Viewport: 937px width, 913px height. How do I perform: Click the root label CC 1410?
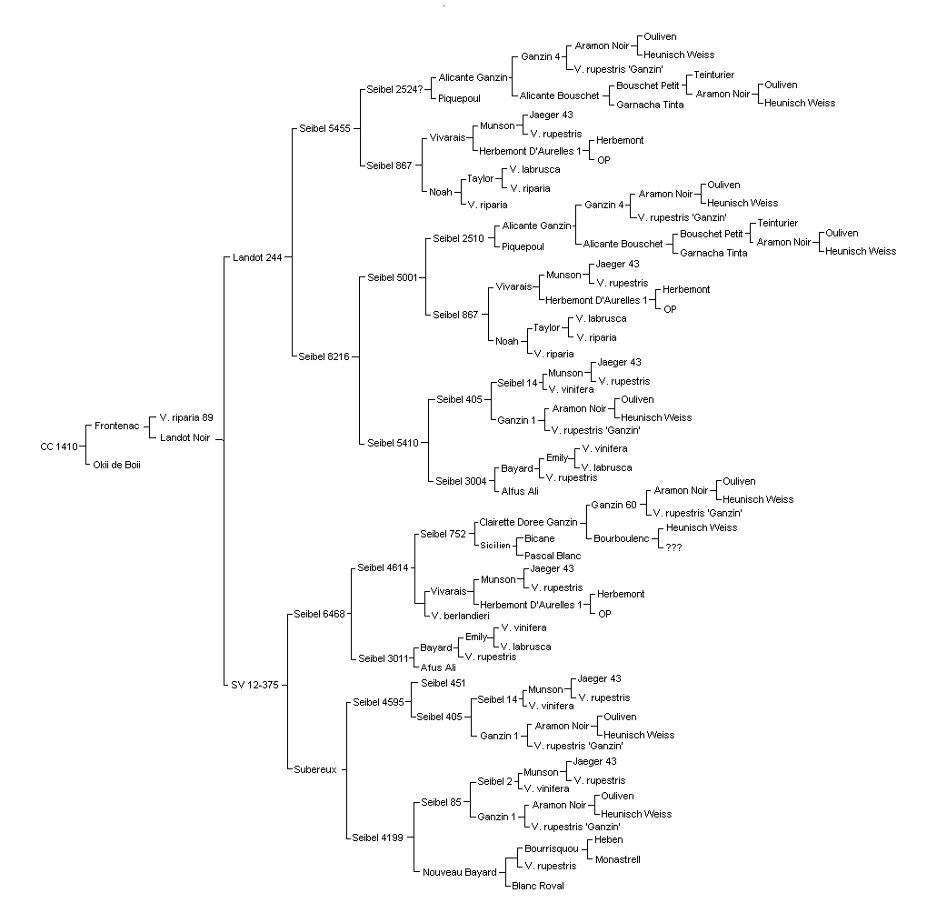click(x=58, y=446)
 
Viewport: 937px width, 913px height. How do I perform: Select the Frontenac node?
click(x=116, y=426)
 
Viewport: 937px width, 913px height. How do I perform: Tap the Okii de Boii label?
click(x=116, y=465)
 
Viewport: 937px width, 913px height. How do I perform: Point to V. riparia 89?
click(x=185, y=417)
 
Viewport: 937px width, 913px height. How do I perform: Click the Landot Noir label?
click(x=184, y=437)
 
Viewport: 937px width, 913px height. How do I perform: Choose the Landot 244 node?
click(x=257, y=257)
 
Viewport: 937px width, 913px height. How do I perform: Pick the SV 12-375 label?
click(x=254, y=685)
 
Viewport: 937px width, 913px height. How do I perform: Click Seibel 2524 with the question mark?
click(x=394, y=89)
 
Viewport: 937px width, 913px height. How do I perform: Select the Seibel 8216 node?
click(x=324, y=357)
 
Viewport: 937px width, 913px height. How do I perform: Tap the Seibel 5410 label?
click(x=393, y=443)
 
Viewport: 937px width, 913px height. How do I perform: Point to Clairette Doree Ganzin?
click(x=528, y=522)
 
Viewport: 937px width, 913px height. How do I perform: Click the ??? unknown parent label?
click(x=673, y=547)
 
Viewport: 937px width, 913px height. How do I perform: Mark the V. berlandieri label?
click(x=460, y=616)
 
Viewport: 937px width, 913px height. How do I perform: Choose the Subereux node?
click(x=315, y=769)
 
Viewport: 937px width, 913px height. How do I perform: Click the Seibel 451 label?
click(x=443, y=683)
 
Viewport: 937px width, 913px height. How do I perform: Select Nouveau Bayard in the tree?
click(x=460, y=872)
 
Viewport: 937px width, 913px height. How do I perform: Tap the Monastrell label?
click(x=617, y=859)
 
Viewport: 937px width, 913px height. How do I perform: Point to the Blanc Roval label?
click(x=538, y=886)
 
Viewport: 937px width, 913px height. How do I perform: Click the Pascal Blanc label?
click(x=553, y=556)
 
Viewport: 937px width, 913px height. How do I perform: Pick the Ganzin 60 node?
click(x=613, y=505)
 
